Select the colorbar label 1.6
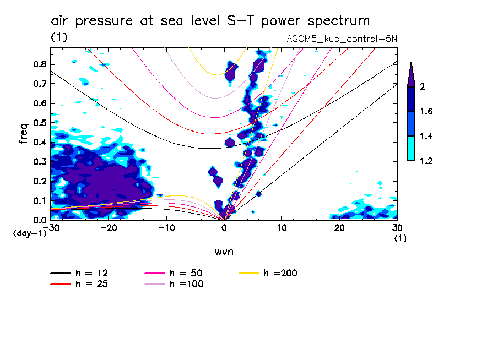(x=426, y=112)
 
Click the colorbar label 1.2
(x=426, y=161)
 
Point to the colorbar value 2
(x=423, y=87)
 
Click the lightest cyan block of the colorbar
(x=411, y=149)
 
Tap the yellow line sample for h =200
(x=250, y=273)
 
